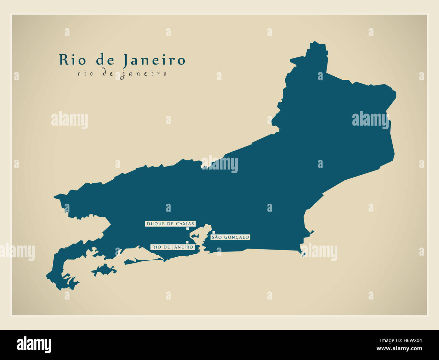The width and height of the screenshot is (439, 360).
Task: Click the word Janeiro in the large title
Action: pyautogui.click(x=154, y=60)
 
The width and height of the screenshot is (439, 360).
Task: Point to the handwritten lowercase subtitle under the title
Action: pyautogui.click(x=122, y=73)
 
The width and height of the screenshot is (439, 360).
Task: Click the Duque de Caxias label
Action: pyautogui.click(x=171, y=224)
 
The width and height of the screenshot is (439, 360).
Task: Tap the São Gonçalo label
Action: pyautogui.click(x=230, y=237)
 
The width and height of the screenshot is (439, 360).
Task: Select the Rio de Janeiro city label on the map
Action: pyautogui.click(x=173, y=247)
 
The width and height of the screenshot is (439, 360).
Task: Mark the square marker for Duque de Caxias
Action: pyautogui.click(x=187, y=229)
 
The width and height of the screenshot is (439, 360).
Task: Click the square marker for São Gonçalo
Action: pyautogui.click(x=214, y=232)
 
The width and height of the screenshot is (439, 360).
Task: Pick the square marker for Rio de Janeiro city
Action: pyautogui.click(x=187, y=242)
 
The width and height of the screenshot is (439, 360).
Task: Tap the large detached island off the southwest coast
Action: pyautogui.click(x=104, y=270)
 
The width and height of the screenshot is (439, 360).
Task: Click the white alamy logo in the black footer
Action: pyautogui.click(x=34, y=344)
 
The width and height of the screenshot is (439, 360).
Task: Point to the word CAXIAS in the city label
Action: pyautogui.click(x=186, y=224)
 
